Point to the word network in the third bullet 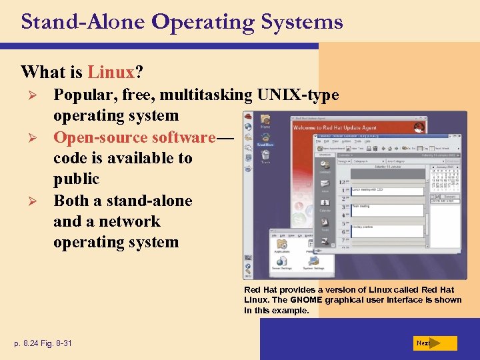point(126,221)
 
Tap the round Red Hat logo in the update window point(419,126)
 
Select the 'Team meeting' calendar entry point(363,207)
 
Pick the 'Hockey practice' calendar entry point(365,226)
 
